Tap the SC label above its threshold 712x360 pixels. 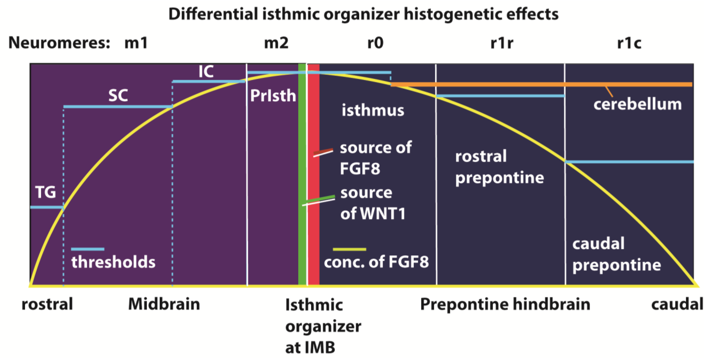coord(118,96)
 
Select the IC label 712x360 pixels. coord(206,72)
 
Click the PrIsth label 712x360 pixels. coord(273,96)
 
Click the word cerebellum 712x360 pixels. coord(637,105)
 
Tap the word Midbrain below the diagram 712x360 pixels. coord(164,304)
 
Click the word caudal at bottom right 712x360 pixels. coord(677,304)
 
